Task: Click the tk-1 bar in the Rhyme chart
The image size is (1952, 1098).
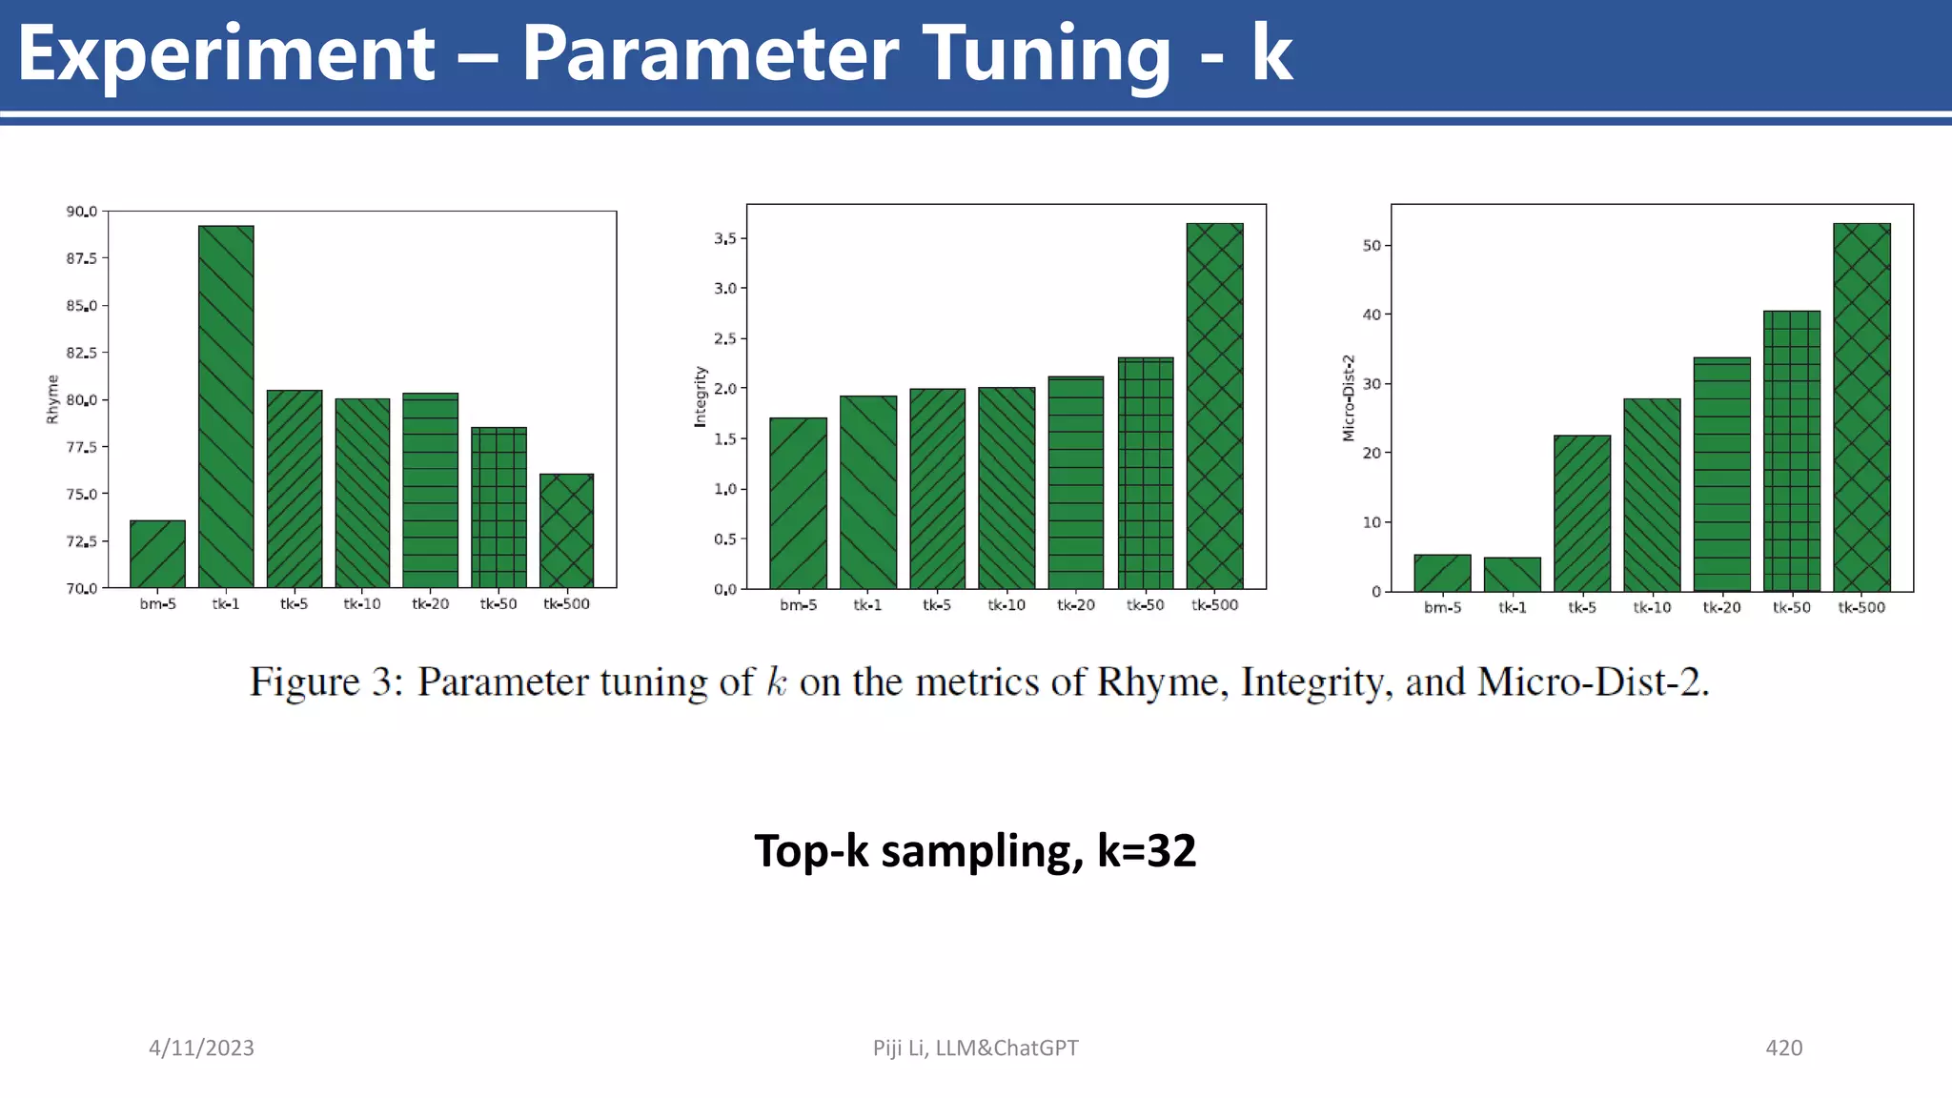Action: click(226, 406)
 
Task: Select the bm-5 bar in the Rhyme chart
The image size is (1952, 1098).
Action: click(158, 554)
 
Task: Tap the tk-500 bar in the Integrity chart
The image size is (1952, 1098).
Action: click(1215, 406)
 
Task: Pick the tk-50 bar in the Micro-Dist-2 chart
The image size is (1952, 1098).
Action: click(1792, 451)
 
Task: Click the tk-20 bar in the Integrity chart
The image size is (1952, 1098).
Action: click(1076, 482)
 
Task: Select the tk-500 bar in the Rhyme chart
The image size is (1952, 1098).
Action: click(566, 530)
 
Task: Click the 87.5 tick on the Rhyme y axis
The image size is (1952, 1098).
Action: click(81, 258)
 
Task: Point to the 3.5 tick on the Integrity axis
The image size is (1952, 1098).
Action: click(725, 238)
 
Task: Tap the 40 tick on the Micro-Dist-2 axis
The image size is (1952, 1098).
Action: click(1372, 315)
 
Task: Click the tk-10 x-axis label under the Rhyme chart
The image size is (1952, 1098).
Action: click(362, 604)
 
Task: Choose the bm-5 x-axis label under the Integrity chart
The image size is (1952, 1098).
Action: click(799, 605)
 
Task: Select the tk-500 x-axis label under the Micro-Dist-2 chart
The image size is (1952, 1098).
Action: click(1861, 608)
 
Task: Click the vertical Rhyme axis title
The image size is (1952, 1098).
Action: click(53, 399)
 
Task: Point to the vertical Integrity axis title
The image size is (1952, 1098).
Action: click(701, 396)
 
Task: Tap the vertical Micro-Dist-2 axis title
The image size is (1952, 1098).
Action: click(1349, 397)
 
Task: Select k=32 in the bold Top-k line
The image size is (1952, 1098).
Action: click(1147, 851)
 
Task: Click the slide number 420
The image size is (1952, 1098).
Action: click(1783, 1048)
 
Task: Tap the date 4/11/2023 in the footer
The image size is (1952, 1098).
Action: click(201, 1048)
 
